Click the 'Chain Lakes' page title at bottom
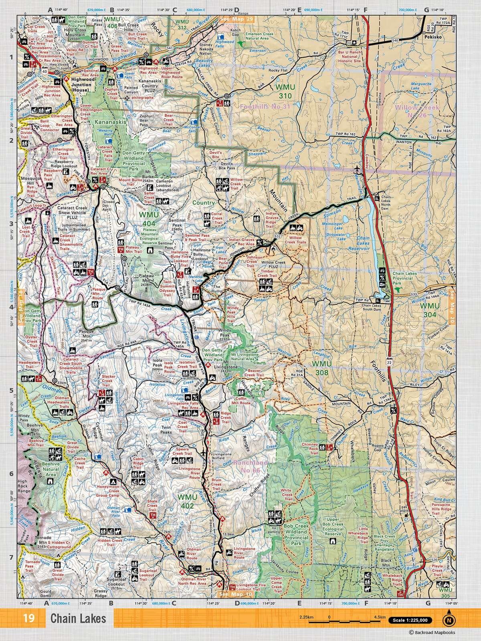coord(78,618)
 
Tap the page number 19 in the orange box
coord(29,618)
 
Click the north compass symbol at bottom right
coord(449,620)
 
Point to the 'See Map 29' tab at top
coord(237,19)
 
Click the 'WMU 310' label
coord(285,91)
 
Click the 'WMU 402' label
coord(187,501)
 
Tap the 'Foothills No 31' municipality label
coord(265,107)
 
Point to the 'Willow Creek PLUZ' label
coord(273,266)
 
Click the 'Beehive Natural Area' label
coord(51,469)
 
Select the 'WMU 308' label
coord(322,368)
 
